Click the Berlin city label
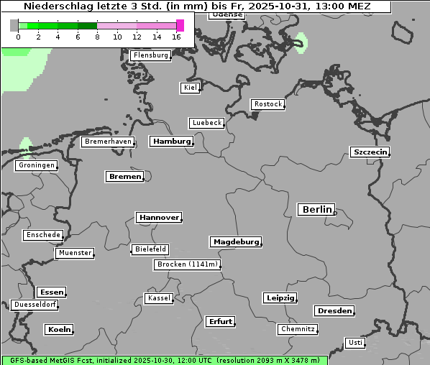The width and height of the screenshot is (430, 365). coord(316,210)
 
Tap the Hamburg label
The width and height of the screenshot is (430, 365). coord(172,142)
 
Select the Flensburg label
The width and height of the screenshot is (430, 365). coord(151,55)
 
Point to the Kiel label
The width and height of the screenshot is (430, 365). coord(190,88)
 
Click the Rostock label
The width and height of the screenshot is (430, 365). coord(267,104)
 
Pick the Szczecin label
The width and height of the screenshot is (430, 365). coord(370,152)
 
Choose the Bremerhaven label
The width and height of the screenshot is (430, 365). coord(108,142)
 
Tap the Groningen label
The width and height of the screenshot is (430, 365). coord(36,165)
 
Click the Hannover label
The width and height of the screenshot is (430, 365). coord(158,217)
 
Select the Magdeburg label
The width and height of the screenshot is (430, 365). coord(235,241)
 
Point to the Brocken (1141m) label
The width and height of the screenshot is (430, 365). coord(186,264)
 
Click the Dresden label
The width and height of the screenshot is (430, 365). coord(334,310)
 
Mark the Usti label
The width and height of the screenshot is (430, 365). coord(355,343)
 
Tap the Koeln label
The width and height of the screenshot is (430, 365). coord(59,329)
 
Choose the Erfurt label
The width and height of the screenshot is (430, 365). coord(220,321)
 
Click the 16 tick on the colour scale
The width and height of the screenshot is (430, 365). coord(177,37)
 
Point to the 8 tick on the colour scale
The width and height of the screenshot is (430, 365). coord(97,37)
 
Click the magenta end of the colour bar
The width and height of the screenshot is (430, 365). coord(180,26)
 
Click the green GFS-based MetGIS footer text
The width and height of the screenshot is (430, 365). coord(164,360)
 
